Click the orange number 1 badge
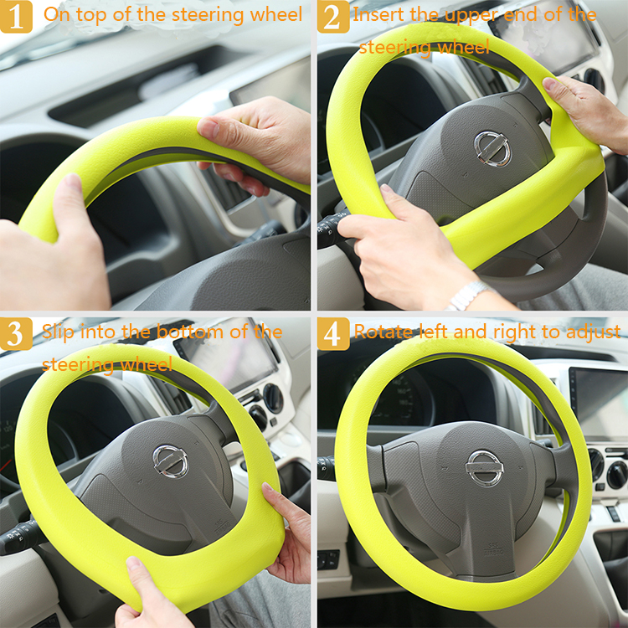pos(16,17)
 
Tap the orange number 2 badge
pos(333,17)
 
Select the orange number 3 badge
pos(16,333)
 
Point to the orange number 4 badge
pos(333,333)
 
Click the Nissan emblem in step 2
pos(492,148)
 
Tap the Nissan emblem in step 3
pos(170,461)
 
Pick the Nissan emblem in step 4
pos(484,468)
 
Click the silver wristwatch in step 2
pos(467,296)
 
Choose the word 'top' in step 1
pos(92,16)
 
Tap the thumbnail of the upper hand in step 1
pos(208,128)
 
